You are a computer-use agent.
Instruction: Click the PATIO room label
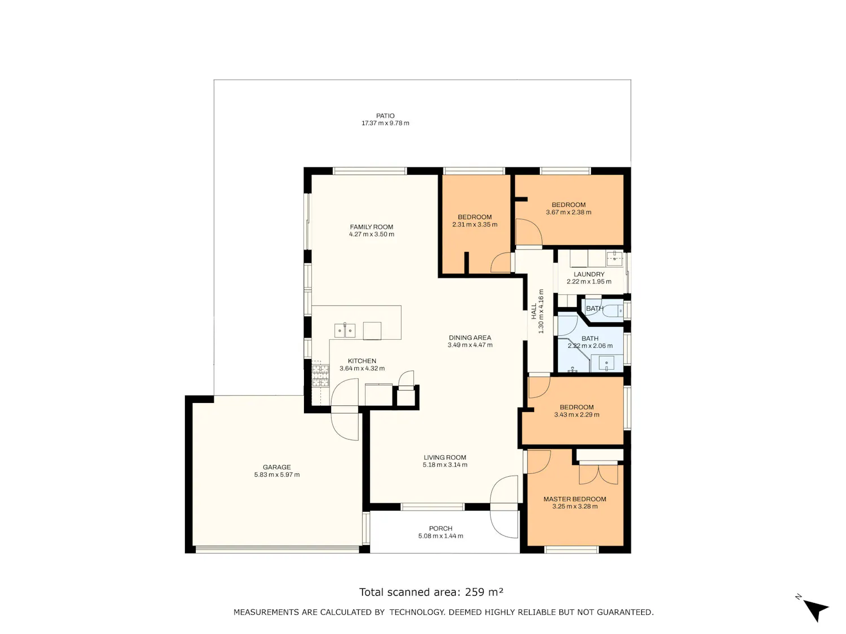tap(385, 116)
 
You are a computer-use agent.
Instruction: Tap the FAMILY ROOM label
tap(371, 227)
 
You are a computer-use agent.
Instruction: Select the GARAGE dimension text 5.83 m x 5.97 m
tap(277, 475)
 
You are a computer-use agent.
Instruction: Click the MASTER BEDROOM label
tap(575, 499)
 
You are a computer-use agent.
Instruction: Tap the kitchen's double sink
tap(345, 330)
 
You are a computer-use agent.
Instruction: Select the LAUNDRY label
tap(589, 274)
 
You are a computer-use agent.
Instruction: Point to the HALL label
tap(534, 311)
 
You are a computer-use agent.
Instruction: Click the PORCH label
tap(440, 529)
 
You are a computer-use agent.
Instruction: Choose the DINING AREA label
tap(470, 338)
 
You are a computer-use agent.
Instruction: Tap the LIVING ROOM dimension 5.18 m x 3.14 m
tap(445, 464)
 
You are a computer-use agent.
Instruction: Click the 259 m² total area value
tap(484, 592)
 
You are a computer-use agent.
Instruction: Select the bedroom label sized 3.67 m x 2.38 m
tap(569, 205)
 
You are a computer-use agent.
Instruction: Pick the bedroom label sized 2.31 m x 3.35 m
tap(474, 217)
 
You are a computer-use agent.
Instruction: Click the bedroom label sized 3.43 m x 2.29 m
tap(576, 407)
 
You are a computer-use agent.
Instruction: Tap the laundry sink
tap(614, 259)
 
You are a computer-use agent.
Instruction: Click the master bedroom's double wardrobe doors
tap(598, 475)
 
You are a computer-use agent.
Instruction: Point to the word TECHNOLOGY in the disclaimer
tap(417, 612)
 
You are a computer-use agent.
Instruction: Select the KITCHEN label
tap(362, 361)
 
